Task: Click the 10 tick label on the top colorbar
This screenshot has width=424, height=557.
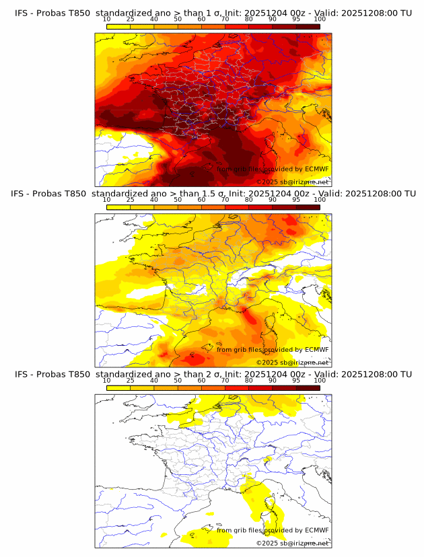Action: click(106, 20)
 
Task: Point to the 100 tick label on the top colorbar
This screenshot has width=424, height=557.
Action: click(320, 20)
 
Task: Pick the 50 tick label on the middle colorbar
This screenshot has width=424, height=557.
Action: click(178, 200)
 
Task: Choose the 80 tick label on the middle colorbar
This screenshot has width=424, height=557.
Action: click(249, 200)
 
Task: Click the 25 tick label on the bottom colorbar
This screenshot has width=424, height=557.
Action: click(131, 381)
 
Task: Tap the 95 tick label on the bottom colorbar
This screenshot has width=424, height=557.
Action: click(296, 381)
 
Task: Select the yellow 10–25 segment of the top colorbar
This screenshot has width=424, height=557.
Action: click(118, 26)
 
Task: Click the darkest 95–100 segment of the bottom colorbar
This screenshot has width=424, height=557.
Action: click(308, 387)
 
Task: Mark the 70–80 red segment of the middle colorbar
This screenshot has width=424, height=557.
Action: click(237, 207)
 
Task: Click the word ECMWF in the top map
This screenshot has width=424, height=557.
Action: click(316, 170)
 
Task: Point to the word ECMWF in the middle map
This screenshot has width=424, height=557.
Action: click(316, 350)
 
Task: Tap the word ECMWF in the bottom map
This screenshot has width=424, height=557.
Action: click(316, 530)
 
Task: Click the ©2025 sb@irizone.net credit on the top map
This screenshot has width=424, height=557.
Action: click(292, 182)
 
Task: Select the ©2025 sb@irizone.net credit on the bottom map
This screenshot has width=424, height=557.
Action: click(292, 543)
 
